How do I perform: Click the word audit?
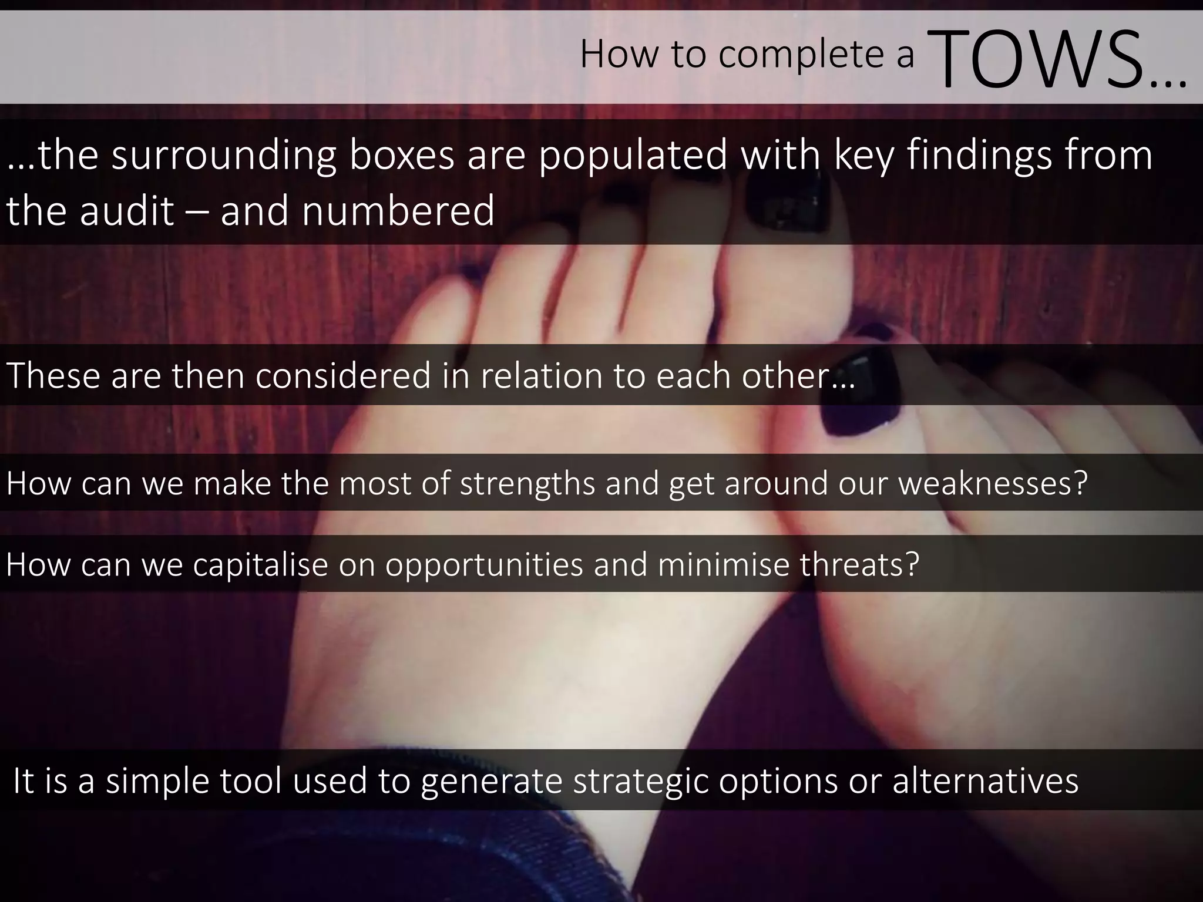pyautogui.click(x=127, y=211)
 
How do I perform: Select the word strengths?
pyautogui.click(x=527, y=483)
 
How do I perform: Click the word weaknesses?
pyautogui.click(x=993, y=483)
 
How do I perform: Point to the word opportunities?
pyautogui.click(x=484, y=564)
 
